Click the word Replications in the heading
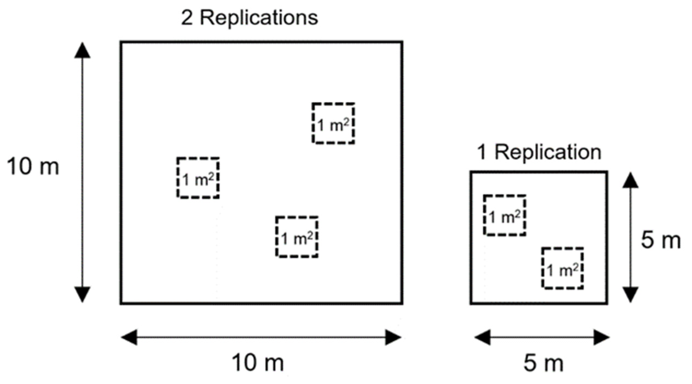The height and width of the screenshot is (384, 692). pos(259,18)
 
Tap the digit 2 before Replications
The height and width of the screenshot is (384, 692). pos(187,18)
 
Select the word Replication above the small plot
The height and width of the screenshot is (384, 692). pos(548,152)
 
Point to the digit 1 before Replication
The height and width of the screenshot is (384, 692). pos(482,153)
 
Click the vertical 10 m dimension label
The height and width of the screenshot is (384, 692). pos(33,167)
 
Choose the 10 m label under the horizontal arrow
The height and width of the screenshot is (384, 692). pos(258,363)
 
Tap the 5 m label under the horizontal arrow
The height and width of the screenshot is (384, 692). pos(543,363)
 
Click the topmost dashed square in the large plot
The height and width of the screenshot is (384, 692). pos(333,123)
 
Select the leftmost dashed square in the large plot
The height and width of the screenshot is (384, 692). pos(198,177)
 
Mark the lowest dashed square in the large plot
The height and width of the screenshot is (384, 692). pos(297,237)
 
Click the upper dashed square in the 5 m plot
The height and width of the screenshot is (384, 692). pos(505,215)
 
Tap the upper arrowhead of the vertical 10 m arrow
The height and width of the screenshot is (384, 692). pos(82,51)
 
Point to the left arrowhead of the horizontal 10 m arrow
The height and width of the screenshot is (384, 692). pos(129,337)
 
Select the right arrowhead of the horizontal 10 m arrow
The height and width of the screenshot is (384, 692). pos(393,337)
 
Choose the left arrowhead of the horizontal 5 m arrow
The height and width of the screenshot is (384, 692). pos(482,337)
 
